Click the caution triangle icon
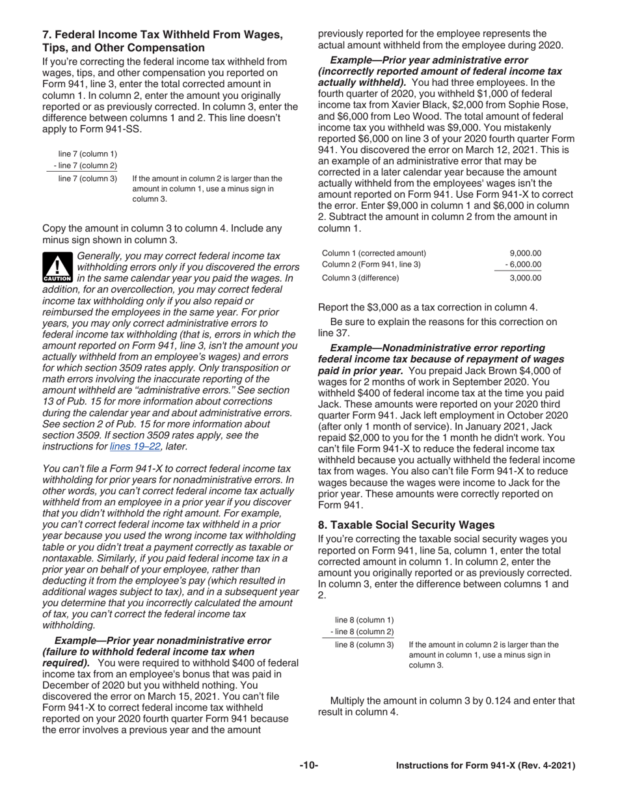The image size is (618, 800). pyautogui.click(x=57, y=267)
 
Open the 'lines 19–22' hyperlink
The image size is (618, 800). pyautogui.click(x=135, y=446)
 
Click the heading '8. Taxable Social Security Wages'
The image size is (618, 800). pyautogui.click(x=406, y=525)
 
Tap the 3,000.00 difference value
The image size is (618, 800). pyautogui.click(x=526, y=278)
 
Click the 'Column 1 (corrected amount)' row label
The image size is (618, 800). pyautogui.click(x=375, y=253)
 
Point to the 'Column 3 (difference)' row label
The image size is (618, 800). pyautogui.click(x=361, y=278)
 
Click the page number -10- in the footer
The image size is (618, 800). pyautogui.click(x=309, y=766)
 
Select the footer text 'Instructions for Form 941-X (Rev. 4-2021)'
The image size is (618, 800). pyautogui.click(x=486, y=766)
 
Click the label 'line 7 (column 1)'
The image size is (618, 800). pyautogui.click(x=88, y=153)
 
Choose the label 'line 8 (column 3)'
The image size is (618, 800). pyautogui.click(x=364, y=645)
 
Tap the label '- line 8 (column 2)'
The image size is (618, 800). pyautogui.click(x=362, y=632)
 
